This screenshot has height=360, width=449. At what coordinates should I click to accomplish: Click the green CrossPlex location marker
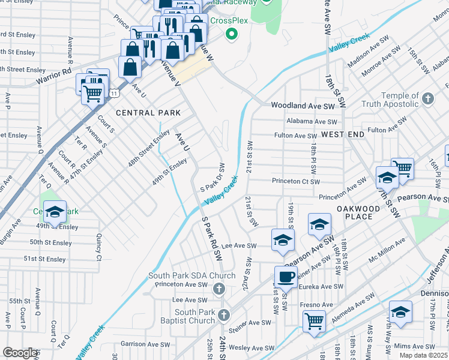[x=231, y=34]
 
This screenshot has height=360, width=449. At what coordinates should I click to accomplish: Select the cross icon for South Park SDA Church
[x=219, y=290]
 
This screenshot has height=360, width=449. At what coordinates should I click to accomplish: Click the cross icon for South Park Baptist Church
[x=224, y=315]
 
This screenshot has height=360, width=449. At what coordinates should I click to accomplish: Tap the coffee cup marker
[x=285, y=277]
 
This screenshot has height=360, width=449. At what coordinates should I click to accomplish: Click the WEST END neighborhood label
[x=342, y=134]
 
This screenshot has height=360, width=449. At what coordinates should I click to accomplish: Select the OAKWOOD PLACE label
[x=358, y=212]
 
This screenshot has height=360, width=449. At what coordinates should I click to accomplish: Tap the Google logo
[x=19, y=353]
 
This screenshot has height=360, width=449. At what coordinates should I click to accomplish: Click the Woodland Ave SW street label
[x=302, y=105]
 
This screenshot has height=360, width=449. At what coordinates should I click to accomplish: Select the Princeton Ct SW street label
[x=295, y=181]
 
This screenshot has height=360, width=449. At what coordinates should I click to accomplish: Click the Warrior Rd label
[x=53, y=71]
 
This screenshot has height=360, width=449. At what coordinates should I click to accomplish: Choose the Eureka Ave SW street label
[x=312, y=287]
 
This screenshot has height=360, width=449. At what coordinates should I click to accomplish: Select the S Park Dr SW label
[x=212, y=178]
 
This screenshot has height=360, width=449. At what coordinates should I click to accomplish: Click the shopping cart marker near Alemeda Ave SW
[x=314, y=320]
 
